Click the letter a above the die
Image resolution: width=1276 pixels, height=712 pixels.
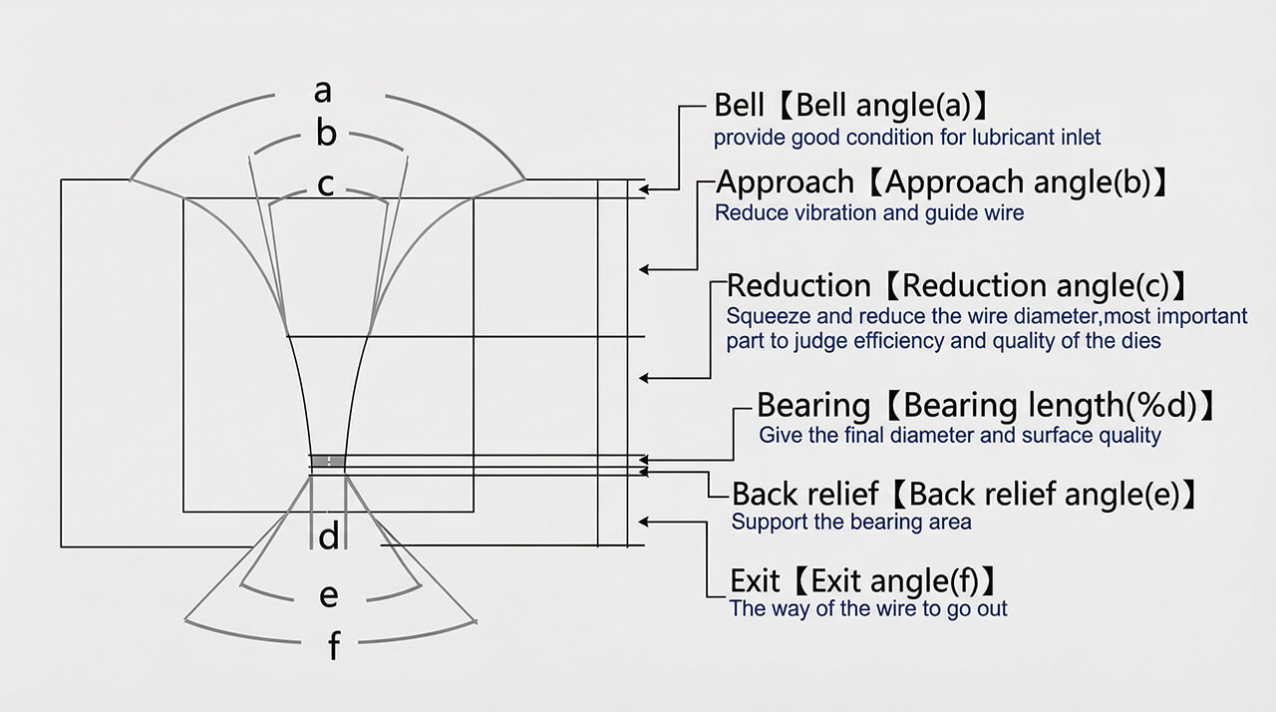coord(322,92)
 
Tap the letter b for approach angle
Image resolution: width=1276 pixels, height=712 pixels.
coord(326,134)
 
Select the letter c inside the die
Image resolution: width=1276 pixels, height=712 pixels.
coord(325,185)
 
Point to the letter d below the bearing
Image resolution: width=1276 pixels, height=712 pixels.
coord(329,537)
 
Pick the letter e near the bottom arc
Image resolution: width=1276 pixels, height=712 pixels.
coord(328,596)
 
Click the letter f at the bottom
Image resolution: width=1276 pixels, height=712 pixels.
coord(334,647)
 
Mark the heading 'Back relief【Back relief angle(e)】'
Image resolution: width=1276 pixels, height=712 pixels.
coord(964,494)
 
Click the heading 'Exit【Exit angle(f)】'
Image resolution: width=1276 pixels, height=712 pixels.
coord(863,580)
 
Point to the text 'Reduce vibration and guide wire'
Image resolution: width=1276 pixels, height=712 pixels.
coord(869,213)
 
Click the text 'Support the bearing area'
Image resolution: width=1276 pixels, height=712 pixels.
coord(851,522)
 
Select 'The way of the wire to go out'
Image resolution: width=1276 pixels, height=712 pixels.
coord(868,608)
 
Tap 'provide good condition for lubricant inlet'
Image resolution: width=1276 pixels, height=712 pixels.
coord(907,137)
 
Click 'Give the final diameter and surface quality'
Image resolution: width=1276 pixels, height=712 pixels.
coord(960,435)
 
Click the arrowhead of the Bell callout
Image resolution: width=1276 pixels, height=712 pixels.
coord(645,187)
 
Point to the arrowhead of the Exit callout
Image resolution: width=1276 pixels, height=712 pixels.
coord(645,522)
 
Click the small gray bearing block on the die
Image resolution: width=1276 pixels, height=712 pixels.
coord(327,461)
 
